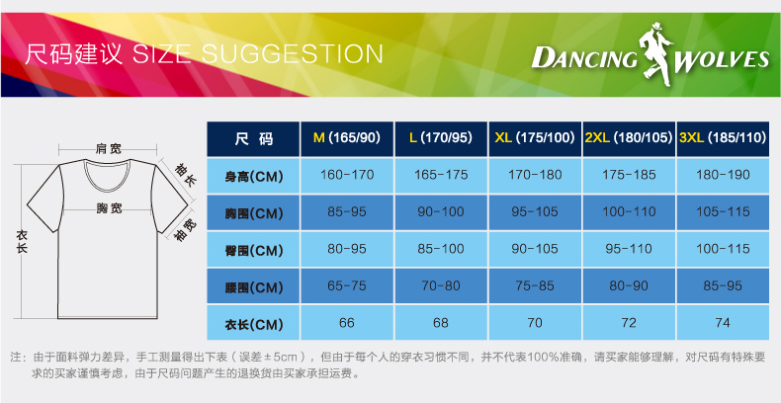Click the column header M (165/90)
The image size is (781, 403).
pos(347,138)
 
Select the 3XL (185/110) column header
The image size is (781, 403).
pos(723,138)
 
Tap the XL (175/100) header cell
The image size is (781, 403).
pos(535,138)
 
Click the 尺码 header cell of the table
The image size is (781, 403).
pos(253,138)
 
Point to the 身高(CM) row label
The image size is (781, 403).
pos(253,176)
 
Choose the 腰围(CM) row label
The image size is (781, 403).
pos(253,286)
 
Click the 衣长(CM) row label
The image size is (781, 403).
pos(253,323)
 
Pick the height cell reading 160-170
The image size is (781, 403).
pos(347,175)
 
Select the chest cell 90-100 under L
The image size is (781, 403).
pos(441,212)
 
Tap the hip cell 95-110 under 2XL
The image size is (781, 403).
pos(629,249)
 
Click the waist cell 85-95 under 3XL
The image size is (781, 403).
pos(723,286)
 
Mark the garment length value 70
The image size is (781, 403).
pos(535,323)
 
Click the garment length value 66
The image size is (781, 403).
pos(347,323)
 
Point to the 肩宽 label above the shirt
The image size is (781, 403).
pos(108,149)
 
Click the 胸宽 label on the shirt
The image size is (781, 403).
pos(109,208)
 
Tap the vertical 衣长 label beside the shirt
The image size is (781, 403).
pos(23,242)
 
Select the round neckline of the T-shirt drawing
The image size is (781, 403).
pos(108,183)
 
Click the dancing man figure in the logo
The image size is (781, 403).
pos(655,52)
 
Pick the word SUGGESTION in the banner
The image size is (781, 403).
pos(292,53)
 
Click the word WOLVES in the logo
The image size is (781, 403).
pos(722,59)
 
